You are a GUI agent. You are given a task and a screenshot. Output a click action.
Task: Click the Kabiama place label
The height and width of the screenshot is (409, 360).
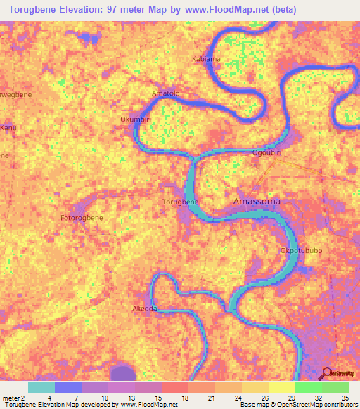point(206,59)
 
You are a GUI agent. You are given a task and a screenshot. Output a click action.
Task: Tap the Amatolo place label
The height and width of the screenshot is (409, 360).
point(166,93)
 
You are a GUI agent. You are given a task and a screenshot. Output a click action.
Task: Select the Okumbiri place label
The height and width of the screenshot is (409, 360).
point(136,119)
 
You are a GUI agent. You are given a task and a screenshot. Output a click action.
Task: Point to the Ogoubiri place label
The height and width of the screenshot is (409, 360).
point(268,152)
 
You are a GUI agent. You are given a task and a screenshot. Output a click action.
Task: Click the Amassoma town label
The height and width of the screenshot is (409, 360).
point(257,202)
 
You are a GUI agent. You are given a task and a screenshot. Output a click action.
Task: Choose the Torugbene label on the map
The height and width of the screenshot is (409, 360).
point(181,202)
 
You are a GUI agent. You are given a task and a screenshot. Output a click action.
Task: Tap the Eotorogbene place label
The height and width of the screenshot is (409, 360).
point(82,218)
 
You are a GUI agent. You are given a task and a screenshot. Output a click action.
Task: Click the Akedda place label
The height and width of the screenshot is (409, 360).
point(145,309)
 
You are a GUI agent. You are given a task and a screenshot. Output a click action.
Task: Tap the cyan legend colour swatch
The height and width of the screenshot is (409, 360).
point(41,387)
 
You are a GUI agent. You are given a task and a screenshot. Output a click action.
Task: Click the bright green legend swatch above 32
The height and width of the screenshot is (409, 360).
point(308,387)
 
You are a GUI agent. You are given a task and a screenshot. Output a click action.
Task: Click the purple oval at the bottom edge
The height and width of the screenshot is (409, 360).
point(124,373)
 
